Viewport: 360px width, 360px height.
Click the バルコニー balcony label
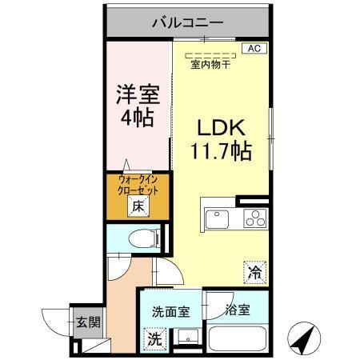(187, 22)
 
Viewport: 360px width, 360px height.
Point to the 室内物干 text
(210, 66)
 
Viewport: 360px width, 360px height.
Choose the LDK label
(223, 127)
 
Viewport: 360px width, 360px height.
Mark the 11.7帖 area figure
(223, 150)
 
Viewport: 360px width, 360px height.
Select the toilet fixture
(142, 238)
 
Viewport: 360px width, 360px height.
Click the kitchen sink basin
(218, 218)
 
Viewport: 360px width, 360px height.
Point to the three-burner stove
(254, 218)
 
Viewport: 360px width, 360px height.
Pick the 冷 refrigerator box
(254, 272)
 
